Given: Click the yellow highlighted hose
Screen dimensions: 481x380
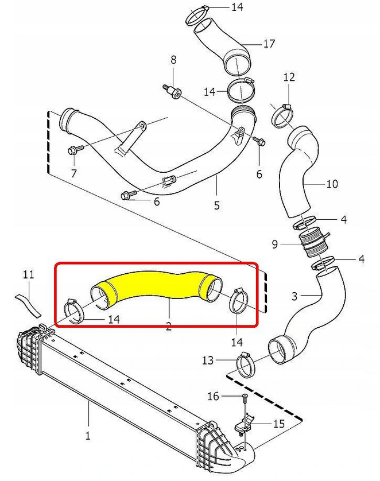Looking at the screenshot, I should [x=155, y=286].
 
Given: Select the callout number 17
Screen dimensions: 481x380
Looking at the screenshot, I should [x=269, y=43].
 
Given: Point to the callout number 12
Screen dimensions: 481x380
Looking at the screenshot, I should [x=289, y=76].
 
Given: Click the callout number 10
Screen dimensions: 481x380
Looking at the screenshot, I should [x=332, y=184].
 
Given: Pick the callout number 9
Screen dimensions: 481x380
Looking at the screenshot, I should [x=275, y=245].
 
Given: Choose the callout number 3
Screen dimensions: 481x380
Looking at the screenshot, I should [x=294, y=296].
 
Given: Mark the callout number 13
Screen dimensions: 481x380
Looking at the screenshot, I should [x=208, y=360].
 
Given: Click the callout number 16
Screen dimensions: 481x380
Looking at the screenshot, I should [x=213, y=396].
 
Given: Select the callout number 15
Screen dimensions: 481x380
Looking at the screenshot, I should [x=278, y=424].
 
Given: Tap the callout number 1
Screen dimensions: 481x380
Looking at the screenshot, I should [x=88, y=436].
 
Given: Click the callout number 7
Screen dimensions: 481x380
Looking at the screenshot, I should [x=73, y=172].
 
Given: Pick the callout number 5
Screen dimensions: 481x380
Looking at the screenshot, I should [x=216, y=204].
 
